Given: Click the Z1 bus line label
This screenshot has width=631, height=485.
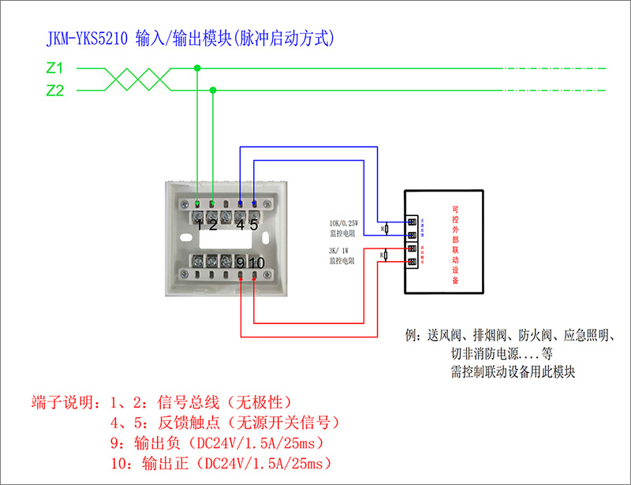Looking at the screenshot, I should pyautogui.click(x=55, y=69).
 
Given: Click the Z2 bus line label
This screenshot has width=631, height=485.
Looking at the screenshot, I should pyautogui.click(x=55, y=91).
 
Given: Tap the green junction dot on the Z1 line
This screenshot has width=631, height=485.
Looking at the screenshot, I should pyautogui.click(x=197, y=69).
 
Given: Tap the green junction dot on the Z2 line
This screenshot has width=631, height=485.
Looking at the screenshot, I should pyautogui.click(x=212, y=90).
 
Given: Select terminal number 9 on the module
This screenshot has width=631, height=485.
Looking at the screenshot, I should pyautogui.click(x=240, y=263).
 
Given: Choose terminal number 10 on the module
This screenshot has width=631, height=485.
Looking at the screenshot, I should pyautogui.click(x=256, y=263).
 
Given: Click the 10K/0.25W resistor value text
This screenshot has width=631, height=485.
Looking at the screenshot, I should pyautogui.click(x=349, y=222).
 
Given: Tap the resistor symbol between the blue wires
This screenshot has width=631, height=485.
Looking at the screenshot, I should pyautogui.click(x=383, y=229).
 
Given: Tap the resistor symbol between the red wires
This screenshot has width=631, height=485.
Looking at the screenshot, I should pyautogui.click(x=383, y=256).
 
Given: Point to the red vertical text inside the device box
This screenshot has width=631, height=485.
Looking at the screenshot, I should pyautogui.click(x=455, y=241).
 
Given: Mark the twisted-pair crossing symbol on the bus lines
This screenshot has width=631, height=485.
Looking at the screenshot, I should pyautogui.click(x=134, y=80).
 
